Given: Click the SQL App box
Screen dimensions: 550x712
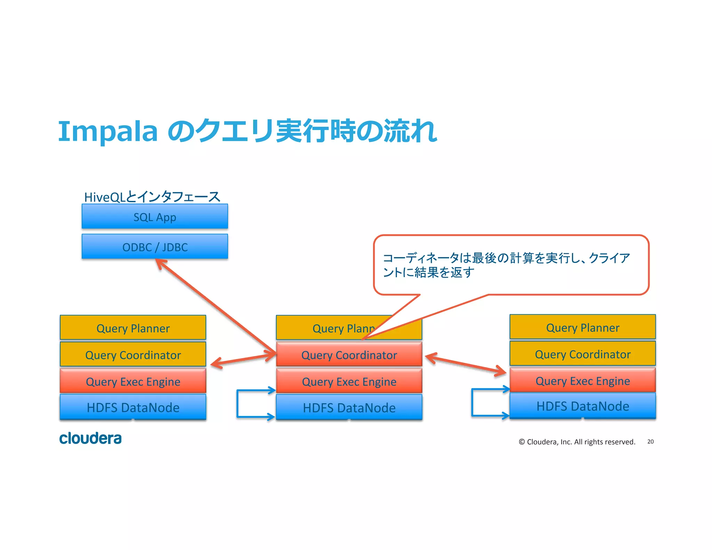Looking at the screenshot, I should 155,217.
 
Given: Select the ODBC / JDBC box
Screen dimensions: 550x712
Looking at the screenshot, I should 155,246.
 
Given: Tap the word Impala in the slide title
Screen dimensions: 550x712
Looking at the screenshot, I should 108,131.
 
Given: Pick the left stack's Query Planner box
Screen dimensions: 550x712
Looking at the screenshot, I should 133,328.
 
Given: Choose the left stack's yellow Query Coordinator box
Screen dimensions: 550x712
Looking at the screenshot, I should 133,355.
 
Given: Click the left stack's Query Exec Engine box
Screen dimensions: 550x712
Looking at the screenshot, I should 133,381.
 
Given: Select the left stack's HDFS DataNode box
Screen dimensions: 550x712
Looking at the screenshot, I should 133,407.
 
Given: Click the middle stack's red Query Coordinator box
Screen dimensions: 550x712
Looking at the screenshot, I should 349,355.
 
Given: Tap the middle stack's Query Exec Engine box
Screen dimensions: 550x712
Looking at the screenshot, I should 349,381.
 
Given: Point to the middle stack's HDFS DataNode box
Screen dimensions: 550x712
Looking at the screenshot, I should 349,407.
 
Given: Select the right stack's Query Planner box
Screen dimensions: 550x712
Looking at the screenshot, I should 583,327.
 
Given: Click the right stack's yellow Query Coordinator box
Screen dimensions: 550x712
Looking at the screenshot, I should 583,354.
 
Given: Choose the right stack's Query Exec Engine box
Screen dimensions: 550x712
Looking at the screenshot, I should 583,381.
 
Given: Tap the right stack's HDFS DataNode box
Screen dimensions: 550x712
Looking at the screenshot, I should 583,406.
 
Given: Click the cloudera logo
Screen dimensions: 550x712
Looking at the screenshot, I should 90,438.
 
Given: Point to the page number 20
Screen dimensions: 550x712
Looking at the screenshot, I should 650,442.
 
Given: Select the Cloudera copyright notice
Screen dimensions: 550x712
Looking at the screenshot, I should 577,442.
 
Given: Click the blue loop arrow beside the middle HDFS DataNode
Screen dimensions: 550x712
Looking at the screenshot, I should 238,403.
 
